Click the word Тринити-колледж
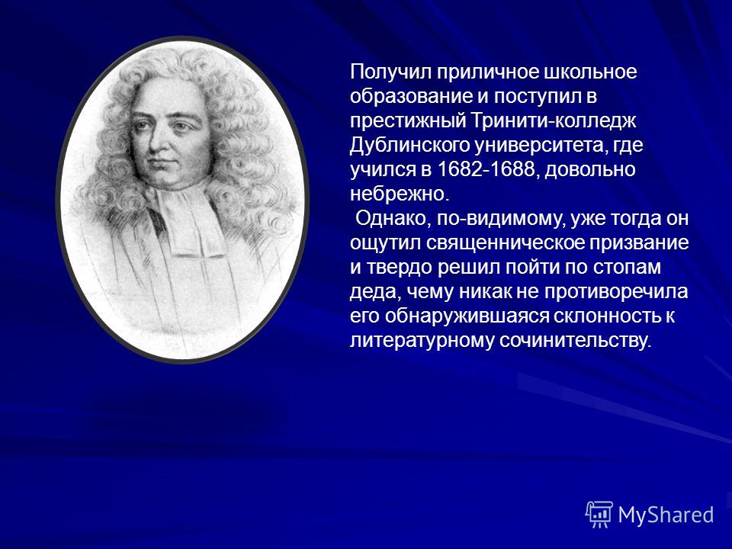click(x=554, y=122)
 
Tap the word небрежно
click(x=399, y=194)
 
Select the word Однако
click(x=393, y=219)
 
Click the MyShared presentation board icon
click(x=599, y=515)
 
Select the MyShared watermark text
click(x=666, y=515)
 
